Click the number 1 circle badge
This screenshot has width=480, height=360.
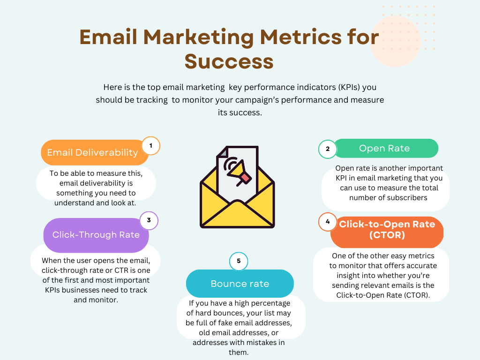(x=150, y=146)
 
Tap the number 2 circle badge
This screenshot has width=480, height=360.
(x=328, y=149)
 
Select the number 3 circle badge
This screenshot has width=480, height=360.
(x=149, y=220)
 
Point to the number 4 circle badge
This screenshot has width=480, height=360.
(x=328, y=222)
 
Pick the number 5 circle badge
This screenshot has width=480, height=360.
(x=239, y=261)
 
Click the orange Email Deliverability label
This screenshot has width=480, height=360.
(x=95, y=152)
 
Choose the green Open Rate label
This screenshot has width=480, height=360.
(x=386, y=149)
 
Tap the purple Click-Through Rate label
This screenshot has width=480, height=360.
(x=96, y=235)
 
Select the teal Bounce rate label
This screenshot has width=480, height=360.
(x=240, y=284)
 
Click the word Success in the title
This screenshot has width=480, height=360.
(x=229, y=61)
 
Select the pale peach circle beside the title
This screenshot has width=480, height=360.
(x=395, y=41)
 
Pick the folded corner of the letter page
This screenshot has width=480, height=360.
(x=222, y=152)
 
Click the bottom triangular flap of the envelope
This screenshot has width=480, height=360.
(x=237, y=216)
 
